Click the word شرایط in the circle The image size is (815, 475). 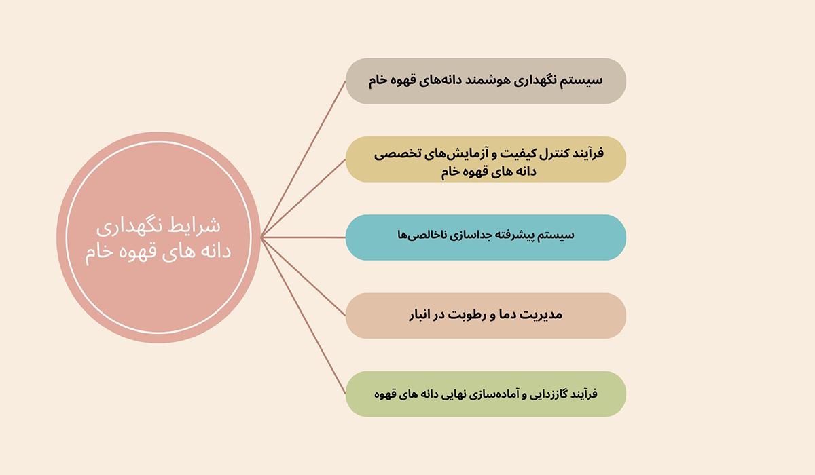click(x=201, y=226)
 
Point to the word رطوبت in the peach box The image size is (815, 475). click(x=466, y=315)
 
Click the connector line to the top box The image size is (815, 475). click(x=303, y=159)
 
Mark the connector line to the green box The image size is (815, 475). click(x=303, y=316)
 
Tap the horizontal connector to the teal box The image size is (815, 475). click(x=303, y=237)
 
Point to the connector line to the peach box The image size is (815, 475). click(x=303, y=277)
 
